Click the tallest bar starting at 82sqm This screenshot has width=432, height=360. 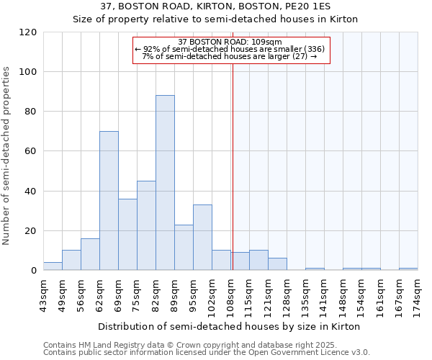165,183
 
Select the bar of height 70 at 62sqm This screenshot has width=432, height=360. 109,201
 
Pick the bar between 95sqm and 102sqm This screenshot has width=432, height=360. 202,238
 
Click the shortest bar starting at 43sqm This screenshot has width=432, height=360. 53,266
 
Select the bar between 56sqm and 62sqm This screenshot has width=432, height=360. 90,255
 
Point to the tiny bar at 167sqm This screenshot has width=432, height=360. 408,269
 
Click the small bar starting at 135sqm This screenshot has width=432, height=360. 315,269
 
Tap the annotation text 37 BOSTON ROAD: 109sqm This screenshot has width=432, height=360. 230,42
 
